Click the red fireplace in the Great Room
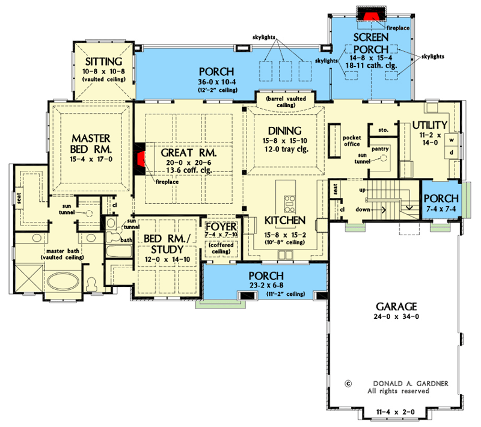click(x=140, y=161)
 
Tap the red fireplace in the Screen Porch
click(x=366, y=14)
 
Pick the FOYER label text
click(x=218, y=226)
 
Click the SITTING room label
click(x=103, y=62)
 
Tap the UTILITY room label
click(x=429, y=125)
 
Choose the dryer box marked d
click(x=449, y=154)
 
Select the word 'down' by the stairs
click(x=363, y=210)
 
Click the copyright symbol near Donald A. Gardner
click(x=348, y=382)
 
